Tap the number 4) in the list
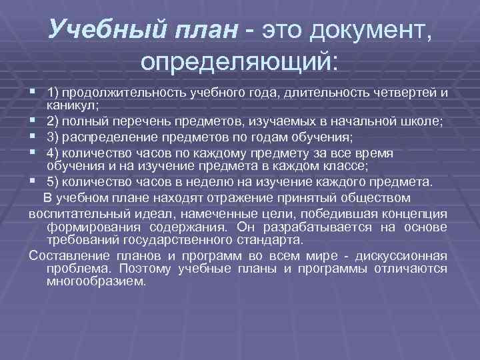tap(54, 153)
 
